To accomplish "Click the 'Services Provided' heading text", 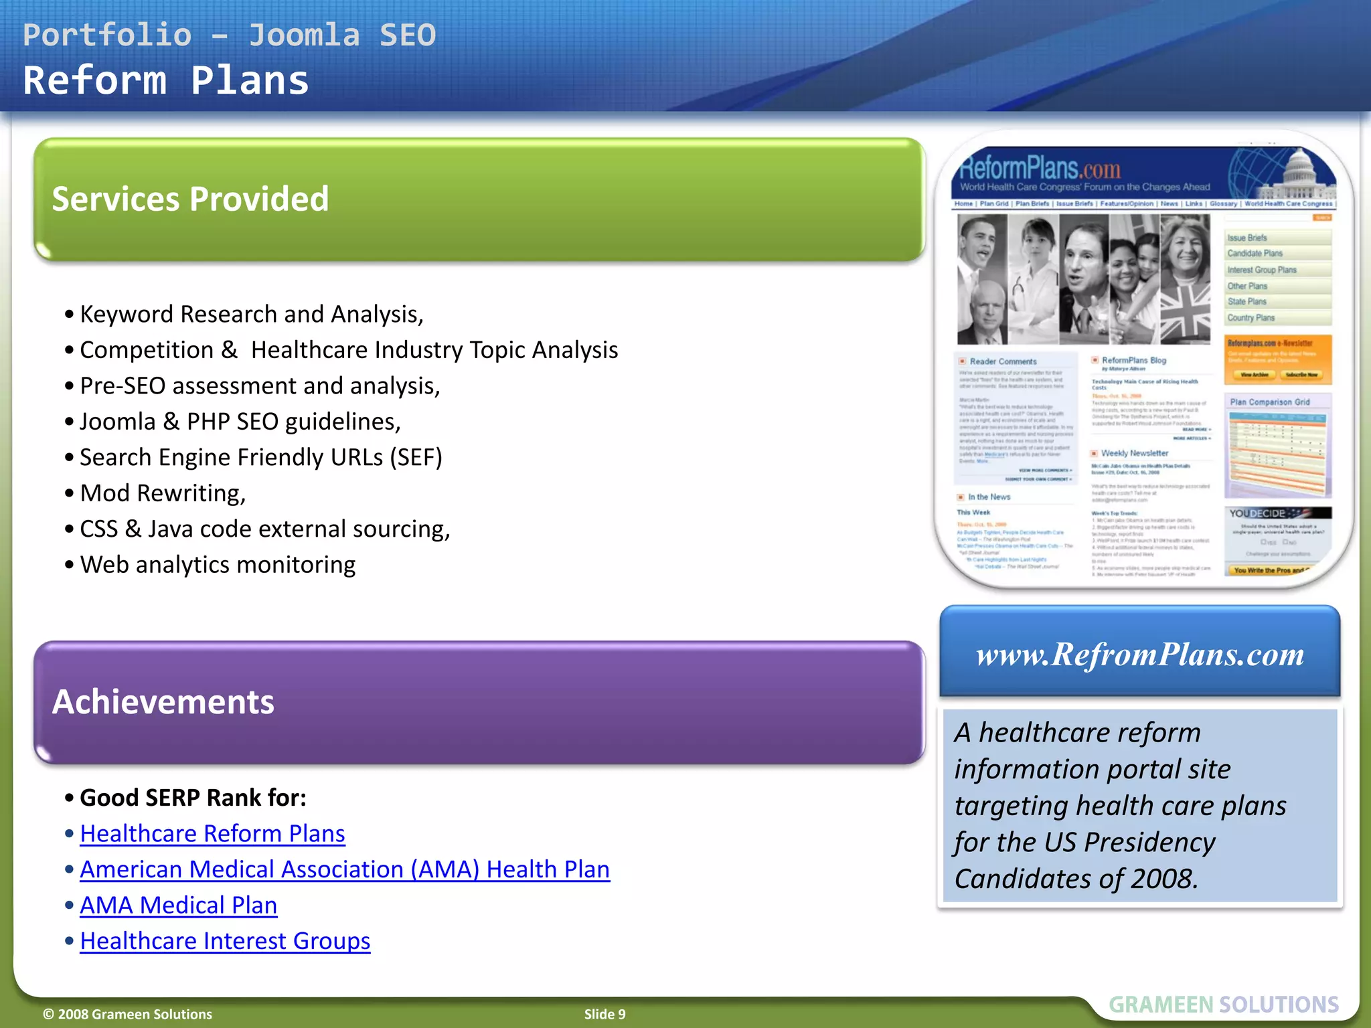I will pyautogui.click(x=190, y=199).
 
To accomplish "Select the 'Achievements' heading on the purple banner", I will pyautogui.click(x=163, y=702).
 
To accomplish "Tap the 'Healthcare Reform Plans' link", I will pyautogui.click(x=212, y=834).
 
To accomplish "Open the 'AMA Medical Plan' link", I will pyautogui.click(x=178, y=906).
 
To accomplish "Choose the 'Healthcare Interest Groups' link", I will pyautogui.click(x=225, y=942).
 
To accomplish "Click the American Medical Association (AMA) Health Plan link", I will pyautogui.click(x=345, y=869).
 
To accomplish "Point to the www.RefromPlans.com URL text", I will pyautogui.click(x=1140, y=655).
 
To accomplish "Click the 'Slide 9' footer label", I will pyautogui.click(x=604, y=1014).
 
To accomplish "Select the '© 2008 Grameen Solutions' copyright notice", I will pyautogui.click(x=127, y=1014).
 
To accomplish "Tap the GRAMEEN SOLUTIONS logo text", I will pyautogui.click(x=1223, y=1005).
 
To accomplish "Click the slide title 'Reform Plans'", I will pyautogui.click(x=165, y=81).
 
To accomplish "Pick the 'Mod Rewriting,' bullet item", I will pyautogui.click(x=163, y=493).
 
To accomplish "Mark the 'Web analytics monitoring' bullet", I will pyautogui.click(x=218, y=565).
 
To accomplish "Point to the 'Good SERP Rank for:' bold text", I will pyautogui.click(x=193, y=798).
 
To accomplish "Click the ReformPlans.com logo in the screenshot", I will pyautogui.click(x=1040, y=169).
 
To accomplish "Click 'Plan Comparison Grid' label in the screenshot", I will pyautogui.click(x=1269, y=402).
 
